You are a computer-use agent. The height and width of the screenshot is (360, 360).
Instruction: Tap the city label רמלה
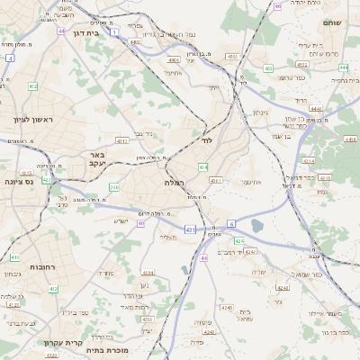tap(175, 182)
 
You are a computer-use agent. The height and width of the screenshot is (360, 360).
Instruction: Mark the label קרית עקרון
tap(60, 342)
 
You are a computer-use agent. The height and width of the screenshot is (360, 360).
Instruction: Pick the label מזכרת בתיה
tap(122, 350)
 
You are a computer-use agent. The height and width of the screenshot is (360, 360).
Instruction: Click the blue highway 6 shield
tap(231, 222)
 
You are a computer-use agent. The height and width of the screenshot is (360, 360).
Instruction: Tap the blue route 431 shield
tap(190, 229)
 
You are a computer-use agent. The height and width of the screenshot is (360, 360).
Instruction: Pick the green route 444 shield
tap(317, 108)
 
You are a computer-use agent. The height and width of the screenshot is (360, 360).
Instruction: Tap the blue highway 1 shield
tap(114, 32)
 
